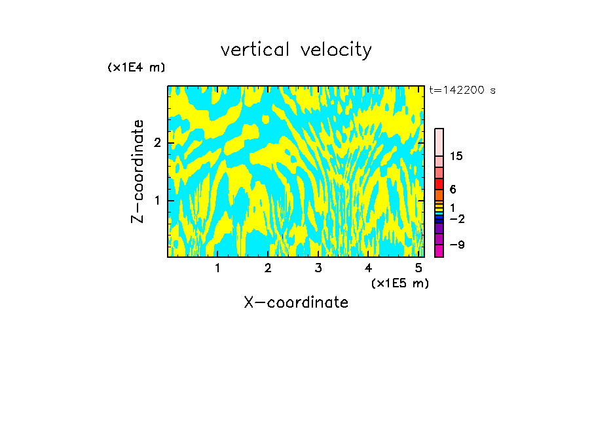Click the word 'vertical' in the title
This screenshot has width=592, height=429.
253,50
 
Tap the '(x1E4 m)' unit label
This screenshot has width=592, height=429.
136,67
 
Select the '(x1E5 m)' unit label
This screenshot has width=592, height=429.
399,283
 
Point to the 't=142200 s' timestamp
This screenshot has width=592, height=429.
462,91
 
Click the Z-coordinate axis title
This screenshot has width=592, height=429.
138,171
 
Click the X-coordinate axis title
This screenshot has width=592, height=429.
296,302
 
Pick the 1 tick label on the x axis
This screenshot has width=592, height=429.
217,268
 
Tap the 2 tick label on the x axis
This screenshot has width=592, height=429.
268,268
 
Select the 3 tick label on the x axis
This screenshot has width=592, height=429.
318,268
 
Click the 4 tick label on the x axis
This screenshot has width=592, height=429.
368,268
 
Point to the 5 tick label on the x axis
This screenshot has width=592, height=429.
418,268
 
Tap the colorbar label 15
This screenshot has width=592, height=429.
456,157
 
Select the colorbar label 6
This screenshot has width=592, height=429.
453,190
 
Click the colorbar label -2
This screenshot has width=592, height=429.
456,219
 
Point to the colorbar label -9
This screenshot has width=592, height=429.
456,245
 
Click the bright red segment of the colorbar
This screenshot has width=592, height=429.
439,184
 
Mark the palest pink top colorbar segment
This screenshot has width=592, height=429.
439,142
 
